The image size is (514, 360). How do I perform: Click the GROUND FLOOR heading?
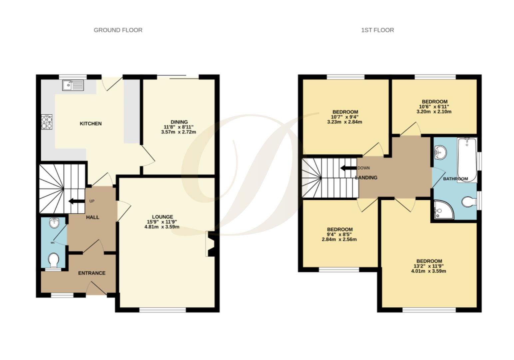click(x=118, y=30)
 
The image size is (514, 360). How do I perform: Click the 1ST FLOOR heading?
click(x=377, y=30)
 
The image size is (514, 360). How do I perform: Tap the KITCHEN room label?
click(x=91, y=124)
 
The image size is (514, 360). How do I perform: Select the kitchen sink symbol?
click(x=73, y=85)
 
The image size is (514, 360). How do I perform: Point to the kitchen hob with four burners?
click(x=47, y=122)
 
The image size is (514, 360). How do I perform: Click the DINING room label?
click(x=179, y=122)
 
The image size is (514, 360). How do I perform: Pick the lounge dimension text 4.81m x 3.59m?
click(x=162, y=227)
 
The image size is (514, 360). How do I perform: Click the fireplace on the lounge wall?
click(x=210, y=244)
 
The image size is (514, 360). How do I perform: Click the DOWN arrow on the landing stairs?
click(x=348, y=168)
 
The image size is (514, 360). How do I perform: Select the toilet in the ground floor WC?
click(x=53, y=260)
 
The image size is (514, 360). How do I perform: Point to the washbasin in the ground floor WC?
click(x=54, y=223)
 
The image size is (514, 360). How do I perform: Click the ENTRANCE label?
click(x=92, y=273)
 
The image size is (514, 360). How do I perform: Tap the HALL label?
click(x=93, y=217)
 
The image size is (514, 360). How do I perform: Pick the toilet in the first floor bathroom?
click(x=470, y=201)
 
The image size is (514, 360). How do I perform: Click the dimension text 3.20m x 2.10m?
click(x=434, y=112)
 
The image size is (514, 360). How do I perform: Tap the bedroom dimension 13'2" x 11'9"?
click(x=428, y=266)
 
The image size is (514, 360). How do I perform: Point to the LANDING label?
click(x=366, y=178)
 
